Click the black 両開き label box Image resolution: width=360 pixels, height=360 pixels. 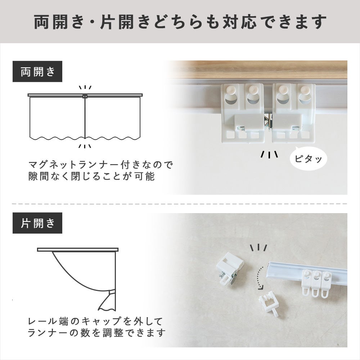point(37,71)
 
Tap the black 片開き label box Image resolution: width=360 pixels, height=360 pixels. point(37,223)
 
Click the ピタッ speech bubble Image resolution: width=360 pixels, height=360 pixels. point(309,158)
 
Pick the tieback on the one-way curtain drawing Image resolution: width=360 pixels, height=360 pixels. point(112,293)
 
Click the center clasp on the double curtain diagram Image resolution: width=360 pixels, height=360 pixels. point(85,96)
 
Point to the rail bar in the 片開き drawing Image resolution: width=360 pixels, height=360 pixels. point(78,249)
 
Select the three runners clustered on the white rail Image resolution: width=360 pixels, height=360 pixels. point(317,284)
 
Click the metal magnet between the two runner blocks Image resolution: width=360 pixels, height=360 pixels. point(268,121)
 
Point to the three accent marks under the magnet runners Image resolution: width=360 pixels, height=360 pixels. point(269,154)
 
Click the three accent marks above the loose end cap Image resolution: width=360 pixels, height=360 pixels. point(258,248)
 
